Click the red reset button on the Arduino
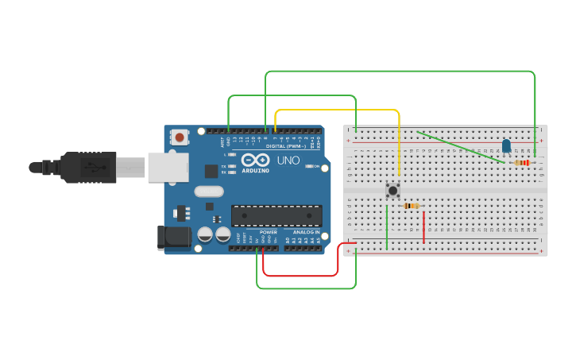(x=180, y=137)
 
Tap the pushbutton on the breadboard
(x=392, y=190)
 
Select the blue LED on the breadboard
(x=506, y=145)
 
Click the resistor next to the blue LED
(x=522, y=163)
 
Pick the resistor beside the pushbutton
(x=412, y=206)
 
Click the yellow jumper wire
(x=337, y=110)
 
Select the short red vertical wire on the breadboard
(x=423, y=226)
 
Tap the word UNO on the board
(x=288, y=161)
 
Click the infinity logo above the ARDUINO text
(x=255, y=160)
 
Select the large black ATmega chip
(x=276, y=215)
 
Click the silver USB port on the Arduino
(x=165, y=168)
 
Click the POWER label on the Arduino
(x=269, y=232)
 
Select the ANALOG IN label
(x=306, y=232)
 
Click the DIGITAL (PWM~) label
(x=286, y=146)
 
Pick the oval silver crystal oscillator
(x=208, y=191)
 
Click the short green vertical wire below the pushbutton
(x=386, y=226)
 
